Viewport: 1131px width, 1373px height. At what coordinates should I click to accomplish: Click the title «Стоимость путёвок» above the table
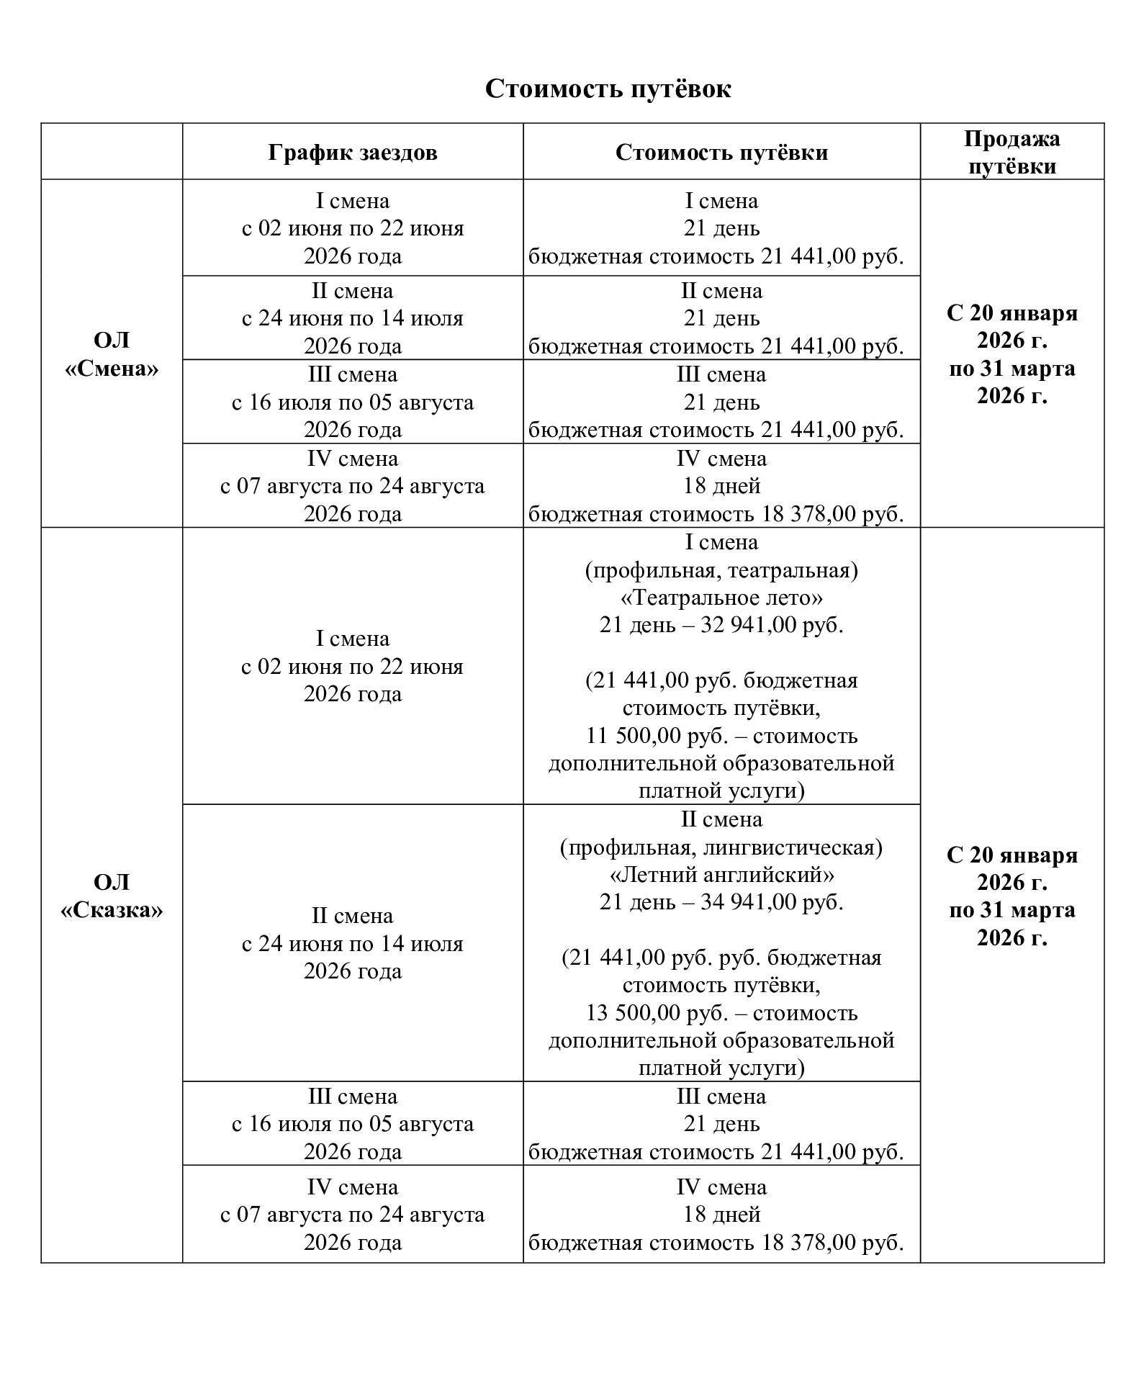608,89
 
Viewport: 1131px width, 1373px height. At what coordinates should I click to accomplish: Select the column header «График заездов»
352,153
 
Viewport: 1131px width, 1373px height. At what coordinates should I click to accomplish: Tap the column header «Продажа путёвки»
1011,152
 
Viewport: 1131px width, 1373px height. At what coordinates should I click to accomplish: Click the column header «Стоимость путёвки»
721,153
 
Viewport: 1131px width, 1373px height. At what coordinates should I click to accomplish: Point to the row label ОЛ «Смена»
112,354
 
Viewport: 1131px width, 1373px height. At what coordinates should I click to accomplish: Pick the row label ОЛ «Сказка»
112,896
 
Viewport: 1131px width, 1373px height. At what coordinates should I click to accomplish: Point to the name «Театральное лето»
721,598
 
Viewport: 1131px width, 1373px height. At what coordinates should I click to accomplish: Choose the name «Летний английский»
721,875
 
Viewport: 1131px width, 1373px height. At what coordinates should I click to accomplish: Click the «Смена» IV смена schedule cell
352,486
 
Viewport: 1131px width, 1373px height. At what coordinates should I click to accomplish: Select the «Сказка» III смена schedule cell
352,1123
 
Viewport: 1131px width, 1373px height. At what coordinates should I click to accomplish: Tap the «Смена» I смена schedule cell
352,228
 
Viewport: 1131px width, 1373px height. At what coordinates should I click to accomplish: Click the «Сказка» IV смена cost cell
721,1214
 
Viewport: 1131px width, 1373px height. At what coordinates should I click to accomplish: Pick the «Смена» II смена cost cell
721,318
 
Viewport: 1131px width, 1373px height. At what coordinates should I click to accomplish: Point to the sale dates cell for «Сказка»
1011,896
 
